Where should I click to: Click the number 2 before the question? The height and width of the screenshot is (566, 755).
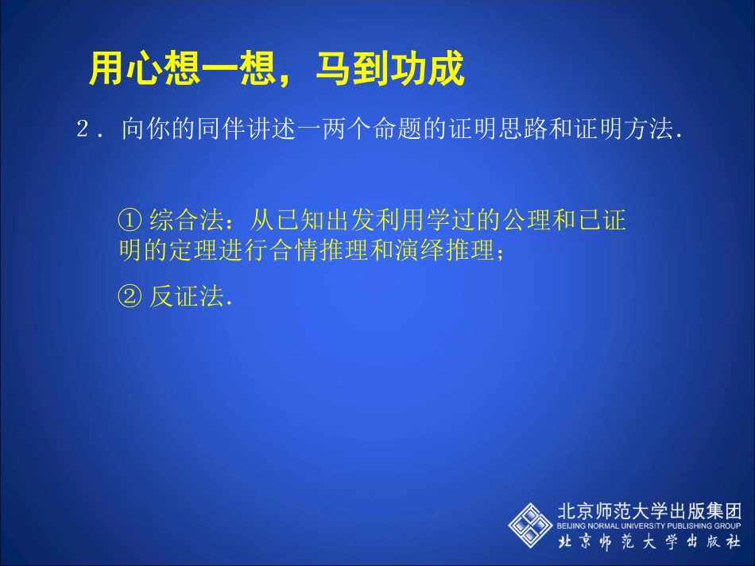[x=83, y=129]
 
